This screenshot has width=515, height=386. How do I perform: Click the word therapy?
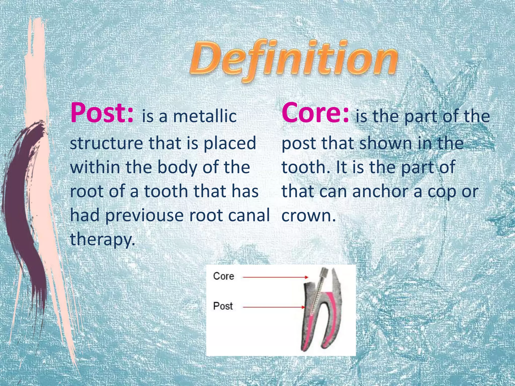(x=102, y=239)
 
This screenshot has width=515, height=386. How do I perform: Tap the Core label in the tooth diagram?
(x=224, y=276)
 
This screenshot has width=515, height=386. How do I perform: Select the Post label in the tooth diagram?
(x=223, y=306)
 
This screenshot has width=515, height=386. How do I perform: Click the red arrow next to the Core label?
(x=275, y=277)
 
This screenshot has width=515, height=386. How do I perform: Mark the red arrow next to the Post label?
(x=274, y=307)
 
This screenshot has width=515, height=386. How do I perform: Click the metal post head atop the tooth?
(x=322, y=273)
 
